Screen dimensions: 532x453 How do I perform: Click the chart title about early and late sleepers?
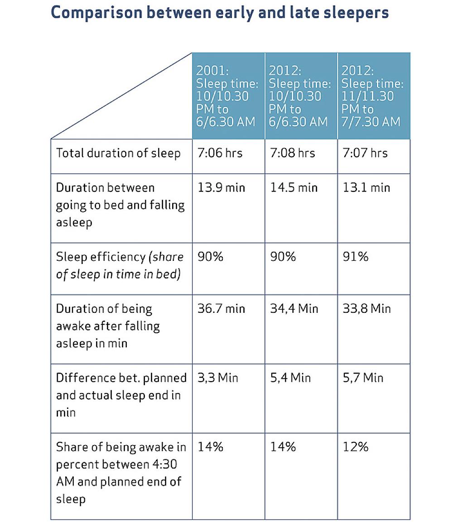click(x=220, y=12)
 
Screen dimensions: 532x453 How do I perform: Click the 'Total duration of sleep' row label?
click(x=118, y=153)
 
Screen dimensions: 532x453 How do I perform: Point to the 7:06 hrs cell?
click(x=220, y=153)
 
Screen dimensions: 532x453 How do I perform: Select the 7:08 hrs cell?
click(x=292, y=153)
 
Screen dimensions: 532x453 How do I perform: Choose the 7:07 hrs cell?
click(x=365, y=153)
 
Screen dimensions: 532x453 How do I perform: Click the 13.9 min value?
click(x=221, y=187)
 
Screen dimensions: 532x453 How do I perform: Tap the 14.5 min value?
click(x=294, y=187)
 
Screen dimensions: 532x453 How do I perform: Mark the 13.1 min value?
click(x=366, y=187)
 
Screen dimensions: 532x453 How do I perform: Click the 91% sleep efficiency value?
click(x=356, y=257)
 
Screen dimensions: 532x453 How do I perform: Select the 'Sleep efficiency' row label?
click(x=120, y=265)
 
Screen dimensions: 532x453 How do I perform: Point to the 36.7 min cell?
click(x=221, y=309)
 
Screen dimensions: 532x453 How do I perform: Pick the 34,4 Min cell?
click(x=294, y=309)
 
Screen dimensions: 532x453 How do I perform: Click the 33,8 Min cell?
click(x=366, y=309)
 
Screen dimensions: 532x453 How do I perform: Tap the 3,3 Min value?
click(x=217, y=378)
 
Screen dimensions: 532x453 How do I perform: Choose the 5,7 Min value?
click(x=363, y=378)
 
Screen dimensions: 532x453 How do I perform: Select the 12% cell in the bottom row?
click(x=356, y=447)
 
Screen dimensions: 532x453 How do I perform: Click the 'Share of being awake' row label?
click(x=120, y=473)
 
